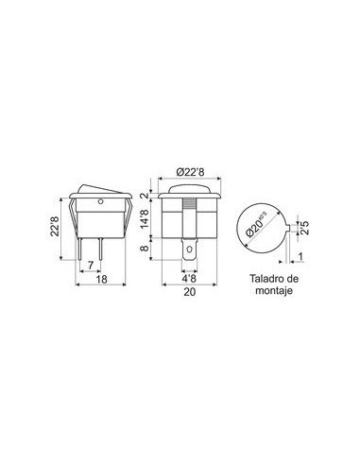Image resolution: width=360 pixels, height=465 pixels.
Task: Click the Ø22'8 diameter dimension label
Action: pyautogui.click(x=190, y=172)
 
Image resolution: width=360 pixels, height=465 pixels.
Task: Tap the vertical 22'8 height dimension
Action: pyautogui.click(x=55, y=226)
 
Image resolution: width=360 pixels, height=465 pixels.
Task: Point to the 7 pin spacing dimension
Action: pyautogui.click(x=91, y=266)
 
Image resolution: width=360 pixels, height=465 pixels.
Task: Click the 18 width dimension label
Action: pyautogui.click(x=101, y=279)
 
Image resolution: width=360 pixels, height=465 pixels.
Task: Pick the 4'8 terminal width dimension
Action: pyautogui.click(x=189, y=279)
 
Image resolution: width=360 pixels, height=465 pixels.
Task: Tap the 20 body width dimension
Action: pyautogui.click(x=190, y=292)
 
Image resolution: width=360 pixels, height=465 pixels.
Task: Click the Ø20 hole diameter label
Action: pyautogui.click(x=256, y=225)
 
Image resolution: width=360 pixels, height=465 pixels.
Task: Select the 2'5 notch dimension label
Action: pyautogui.click(x=305, y=228)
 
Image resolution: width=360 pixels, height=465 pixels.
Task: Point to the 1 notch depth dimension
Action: pyautogui.click(x=300, y=257)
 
